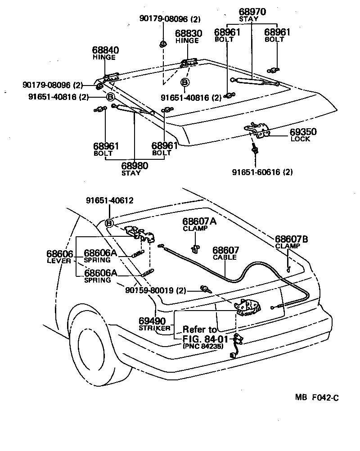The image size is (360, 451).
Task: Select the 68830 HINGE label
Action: (x=188, y=37)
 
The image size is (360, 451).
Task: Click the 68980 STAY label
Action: (x=135, y=169)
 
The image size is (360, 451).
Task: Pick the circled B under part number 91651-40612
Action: (x=109, y=223)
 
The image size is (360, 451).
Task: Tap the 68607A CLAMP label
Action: (x=199, y=224)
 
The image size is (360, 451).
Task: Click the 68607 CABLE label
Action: (x=226, y=254)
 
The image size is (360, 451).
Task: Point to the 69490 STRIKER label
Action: (x=154, y=324)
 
